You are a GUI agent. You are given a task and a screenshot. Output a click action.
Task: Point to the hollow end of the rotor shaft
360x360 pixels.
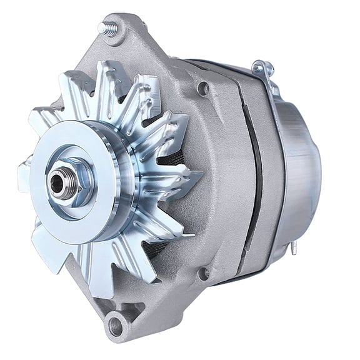[57, 182]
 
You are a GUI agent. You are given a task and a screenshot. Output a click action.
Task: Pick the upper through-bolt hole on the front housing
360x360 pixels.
[202, 89]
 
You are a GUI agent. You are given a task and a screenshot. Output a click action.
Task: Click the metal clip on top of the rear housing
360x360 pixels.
[263, 69]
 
